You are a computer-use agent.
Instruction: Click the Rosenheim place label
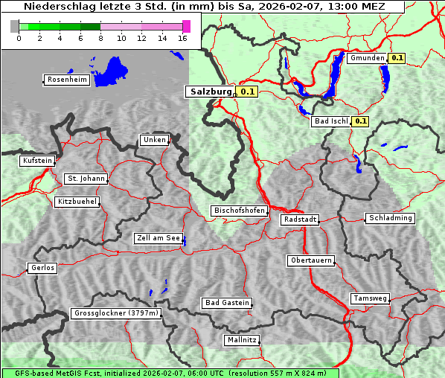coord(67,80)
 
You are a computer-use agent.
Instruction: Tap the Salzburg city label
coord(209,92)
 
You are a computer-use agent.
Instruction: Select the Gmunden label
coord(367,58)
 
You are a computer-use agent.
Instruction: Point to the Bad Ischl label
coord(330,121)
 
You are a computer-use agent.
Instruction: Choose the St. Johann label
coord(86,179)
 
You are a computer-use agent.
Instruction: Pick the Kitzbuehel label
coord(77,202)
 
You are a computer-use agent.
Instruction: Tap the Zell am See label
coord(159,239)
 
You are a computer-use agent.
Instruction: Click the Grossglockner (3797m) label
coord(116,314)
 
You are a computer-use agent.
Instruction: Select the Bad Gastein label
coord(227,303)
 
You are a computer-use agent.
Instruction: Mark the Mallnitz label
coord(242,340)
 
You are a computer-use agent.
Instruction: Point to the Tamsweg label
coord(370,298)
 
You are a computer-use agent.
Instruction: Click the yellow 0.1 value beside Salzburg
coord(248,92)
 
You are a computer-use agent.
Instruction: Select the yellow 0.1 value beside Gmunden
coord(397,58)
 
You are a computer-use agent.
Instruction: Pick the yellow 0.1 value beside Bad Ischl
coord(361,121)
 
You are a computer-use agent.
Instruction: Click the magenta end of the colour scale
coord(186,26)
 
